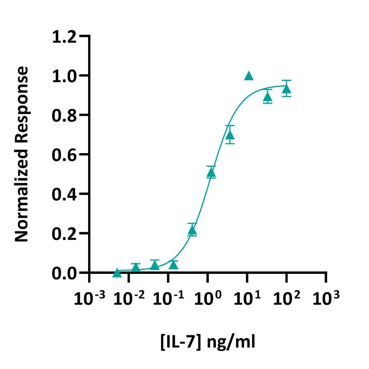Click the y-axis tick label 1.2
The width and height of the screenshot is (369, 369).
[64, 36]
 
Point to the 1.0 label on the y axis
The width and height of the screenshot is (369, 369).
[64, 76]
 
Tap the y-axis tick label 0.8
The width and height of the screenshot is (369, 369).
[64, 115]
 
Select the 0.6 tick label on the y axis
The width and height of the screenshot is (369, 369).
[64, 155]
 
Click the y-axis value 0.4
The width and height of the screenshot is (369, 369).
[64, 194]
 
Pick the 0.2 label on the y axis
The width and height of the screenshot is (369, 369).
[64, 233]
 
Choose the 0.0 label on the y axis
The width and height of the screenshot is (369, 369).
[64, 273]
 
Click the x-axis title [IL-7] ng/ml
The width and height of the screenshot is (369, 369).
[208, 342]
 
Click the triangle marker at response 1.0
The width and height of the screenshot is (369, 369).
[249, 76]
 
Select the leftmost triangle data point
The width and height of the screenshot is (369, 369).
[117, 273]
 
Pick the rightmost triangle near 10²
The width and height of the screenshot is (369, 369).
[286, 89]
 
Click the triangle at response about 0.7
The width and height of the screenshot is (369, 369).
[230, 135]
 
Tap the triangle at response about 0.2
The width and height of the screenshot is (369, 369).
[192, 230]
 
